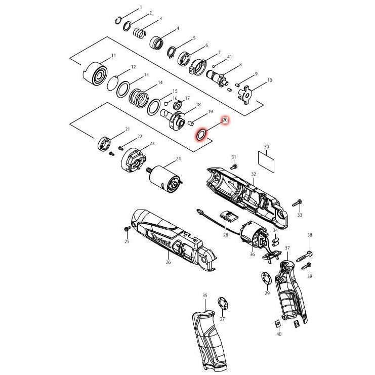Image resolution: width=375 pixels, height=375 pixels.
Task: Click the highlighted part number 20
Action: tap(225, 120)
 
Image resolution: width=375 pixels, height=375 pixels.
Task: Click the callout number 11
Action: tap(113, 56)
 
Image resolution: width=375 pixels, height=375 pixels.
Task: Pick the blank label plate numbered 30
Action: tap(266, 161)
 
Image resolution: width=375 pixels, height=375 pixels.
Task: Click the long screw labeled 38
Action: tap(305, 257)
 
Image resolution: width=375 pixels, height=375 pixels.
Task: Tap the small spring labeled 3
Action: tap(140, 33)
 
